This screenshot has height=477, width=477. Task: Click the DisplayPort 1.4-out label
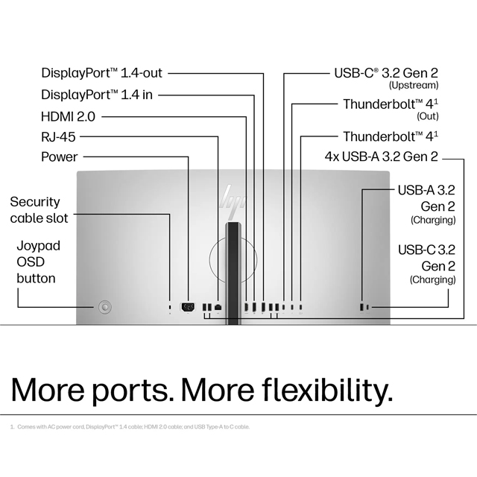[x=101, y=73]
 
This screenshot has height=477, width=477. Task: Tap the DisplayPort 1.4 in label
[x=98, y=95]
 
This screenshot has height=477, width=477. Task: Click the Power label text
[x=59, y=157]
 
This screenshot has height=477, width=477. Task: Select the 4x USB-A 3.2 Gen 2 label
[x=381, y=157]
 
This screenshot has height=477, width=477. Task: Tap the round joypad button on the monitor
[x=105, y=306]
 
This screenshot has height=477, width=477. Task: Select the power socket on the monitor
[x=188, y=306]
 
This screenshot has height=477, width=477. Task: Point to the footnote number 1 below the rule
[x=12, y=427]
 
